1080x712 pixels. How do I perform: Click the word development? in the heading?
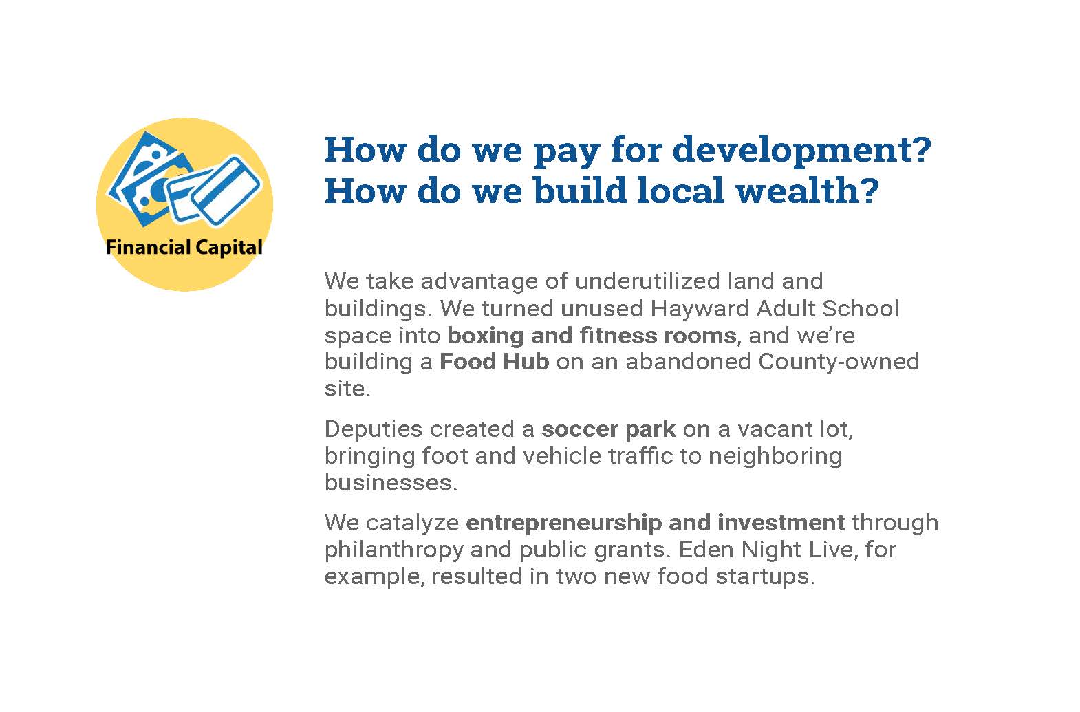tap(802, 151)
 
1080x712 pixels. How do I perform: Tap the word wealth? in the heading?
tap(808, 191)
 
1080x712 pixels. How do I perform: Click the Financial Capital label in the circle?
tap(184, 248)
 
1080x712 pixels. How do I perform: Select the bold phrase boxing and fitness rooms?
tap(592, 336)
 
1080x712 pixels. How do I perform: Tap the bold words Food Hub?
tap(494, 362)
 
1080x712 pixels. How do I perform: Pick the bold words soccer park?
tap(609, 429)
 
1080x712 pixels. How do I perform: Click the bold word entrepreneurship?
tap(563, 524)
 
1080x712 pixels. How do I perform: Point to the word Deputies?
tap(374, 430)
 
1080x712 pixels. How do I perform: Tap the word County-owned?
tap(839, 363)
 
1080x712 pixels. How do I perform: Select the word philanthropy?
tap(394, 550)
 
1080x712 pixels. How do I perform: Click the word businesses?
tap(391, 483)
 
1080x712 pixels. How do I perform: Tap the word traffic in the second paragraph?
tap(640, 456)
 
